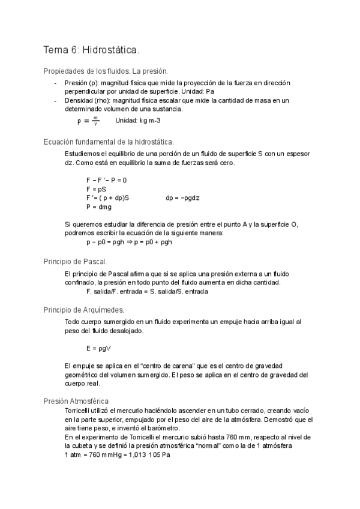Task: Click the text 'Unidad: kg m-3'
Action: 137,121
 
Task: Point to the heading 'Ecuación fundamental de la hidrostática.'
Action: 109,142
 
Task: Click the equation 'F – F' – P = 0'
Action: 106,180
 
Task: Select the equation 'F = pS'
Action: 96,188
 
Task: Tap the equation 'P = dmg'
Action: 99,206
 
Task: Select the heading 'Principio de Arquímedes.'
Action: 84,310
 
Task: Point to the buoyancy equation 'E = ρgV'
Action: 100,348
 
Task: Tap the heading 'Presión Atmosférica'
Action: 76,400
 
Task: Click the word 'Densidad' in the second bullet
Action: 79,100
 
